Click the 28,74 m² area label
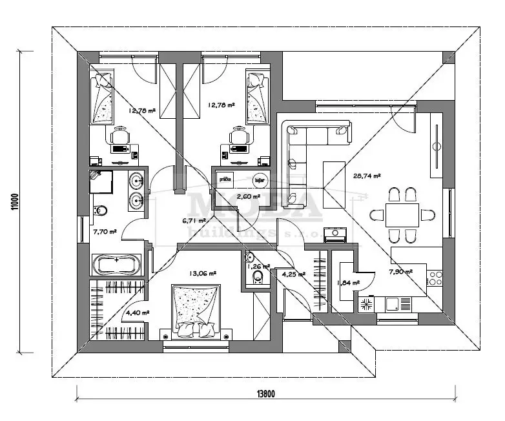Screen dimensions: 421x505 (x=367, y=174)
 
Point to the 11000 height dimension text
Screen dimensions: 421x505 (x=14, y=201)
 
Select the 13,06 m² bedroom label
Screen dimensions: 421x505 (x=203, y=273)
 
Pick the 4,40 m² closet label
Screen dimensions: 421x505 (x=137, y=313)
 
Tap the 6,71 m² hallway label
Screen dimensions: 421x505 (x=194, y=220)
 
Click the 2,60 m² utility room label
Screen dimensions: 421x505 (x=249, y=196)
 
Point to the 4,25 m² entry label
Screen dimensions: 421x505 (x=294, y=274)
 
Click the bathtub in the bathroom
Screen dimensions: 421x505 (x=116, y=263)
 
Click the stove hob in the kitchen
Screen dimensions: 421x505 (x=435, y=279)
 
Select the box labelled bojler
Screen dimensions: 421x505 (x=260, y=180)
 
